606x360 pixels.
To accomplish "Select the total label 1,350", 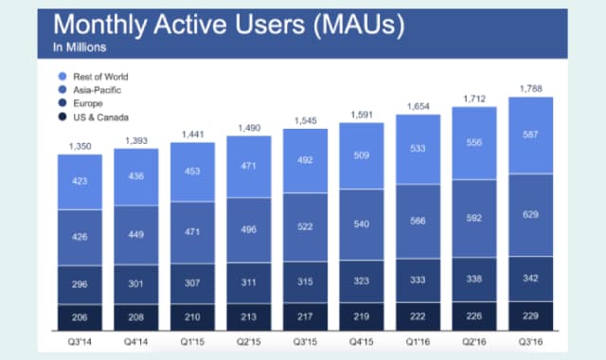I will (80, 147).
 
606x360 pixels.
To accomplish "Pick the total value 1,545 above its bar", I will (305, 122).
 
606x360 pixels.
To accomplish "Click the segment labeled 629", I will (530, 214).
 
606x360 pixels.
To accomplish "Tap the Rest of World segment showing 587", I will (530, 135).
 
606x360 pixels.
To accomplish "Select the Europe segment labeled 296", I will (80, 283).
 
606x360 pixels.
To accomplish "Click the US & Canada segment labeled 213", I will (249, 316).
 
